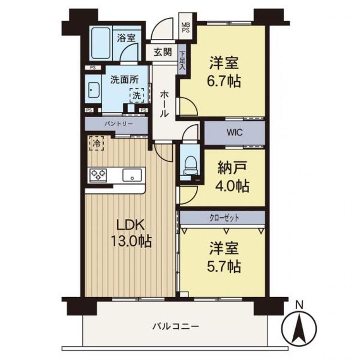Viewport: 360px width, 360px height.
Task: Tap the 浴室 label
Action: click(x=127, y=38)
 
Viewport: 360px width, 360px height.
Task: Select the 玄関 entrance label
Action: click(x=163, y=52)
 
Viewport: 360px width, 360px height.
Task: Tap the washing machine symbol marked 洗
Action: click(x=137, y=96)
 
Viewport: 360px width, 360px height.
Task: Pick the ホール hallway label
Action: click(x=164, y=105)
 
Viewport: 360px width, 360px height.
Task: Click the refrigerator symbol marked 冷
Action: click(x=96, y=143)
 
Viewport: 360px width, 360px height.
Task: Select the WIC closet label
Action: click(x=234, y=133)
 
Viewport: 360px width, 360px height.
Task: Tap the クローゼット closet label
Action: click(x=223, y=217)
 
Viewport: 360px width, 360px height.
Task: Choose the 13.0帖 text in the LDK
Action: click(x=129, y=241)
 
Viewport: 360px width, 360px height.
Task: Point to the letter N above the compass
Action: click(x=300, y=304)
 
